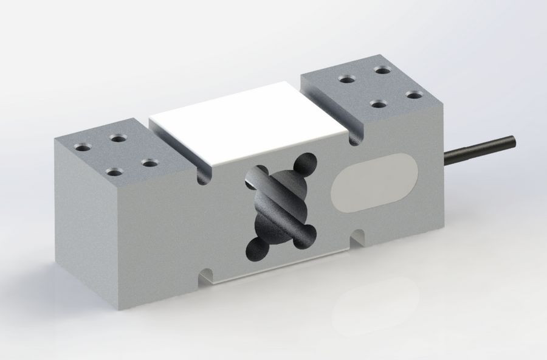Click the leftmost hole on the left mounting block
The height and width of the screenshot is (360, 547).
tap(84, 147)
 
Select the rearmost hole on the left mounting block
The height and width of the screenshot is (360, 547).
tap(119, 139)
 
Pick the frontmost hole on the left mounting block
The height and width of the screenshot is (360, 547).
tap(113, 172)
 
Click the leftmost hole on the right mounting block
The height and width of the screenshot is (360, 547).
tap(348, 79)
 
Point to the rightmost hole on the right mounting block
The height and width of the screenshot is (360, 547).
tap(415, 95)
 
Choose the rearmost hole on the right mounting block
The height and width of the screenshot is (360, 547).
tap(382, 71)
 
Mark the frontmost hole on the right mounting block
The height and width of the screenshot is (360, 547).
tap(379, 104)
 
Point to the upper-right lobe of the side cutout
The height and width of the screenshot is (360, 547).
tap(305, 165)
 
